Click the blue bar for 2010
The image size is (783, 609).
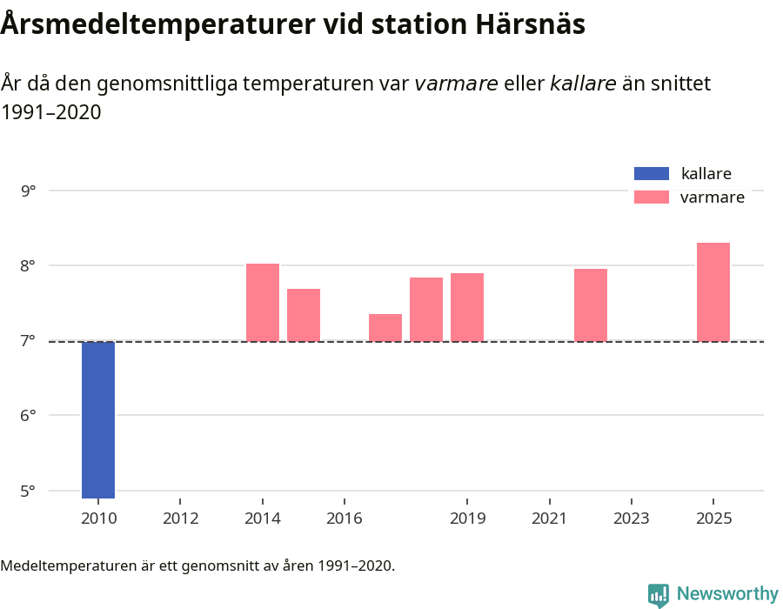[98, 419]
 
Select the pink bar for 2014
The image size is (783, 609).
[263, 302]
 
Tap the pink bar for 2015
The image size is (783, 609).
[304, 315]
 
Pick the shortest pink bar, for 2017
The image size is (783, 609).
[385, 327]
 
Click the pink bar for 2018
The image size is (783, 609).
[426, 309]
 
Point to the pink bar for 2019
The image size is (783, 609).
[467, 307]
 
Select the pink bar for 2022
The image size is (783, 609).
[591, 304]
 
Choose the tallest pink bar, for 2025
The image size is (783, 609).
[713, 291]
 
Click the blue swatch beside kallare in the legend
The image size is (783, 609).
[652, 173]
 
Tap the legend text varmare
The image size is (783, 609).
[712, 197]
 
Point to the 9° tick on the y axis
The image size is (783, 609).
[29, 191]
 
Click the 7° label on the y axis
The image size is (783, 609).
[29, 340]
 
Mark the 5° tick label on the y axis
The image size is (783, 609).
[29, 491]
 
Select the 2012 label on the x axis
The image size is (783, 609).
[180, 519]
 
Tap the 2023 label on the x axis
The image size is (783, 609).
[632, 519]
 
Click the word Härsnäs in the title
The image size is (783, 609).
[531, 24]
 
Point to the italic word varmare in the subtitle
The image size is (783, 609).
[456, 84]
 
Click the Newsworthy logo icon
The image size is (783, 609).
[659, 594]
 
